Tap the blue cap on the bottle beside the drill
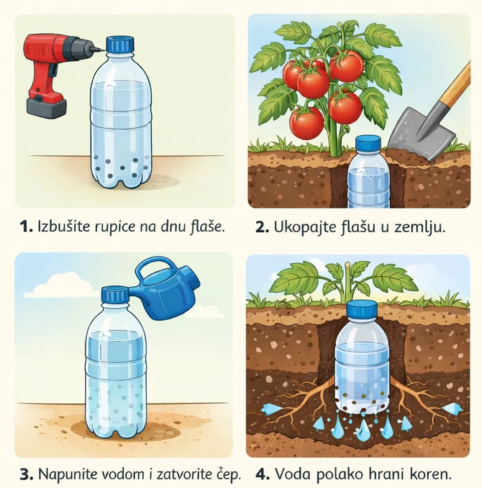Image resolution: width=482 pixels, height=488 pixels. (x=120, y=45)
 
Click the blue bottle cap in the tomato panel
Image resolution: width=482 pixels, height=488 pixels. (x=368, y=144)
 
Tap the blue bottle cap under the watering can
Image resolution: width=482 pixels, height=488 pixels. (x=115, y=295)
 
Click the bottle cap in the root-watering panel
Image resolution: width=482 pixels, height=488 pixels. (x=361, y=310)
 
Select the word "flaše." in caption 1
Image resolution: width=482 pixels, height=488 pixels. (x=206, y=226)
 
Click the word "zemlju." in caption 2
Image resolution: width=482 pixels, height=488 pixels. (x=422, y=227)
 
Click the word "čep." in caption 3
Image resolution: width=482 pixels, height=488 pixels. (x=224, y=475)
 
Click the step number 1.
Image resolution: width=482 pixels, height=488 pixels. (x=25, y=226)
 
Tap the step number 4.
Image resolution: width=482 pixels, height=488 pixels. (x=261, y=474)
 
